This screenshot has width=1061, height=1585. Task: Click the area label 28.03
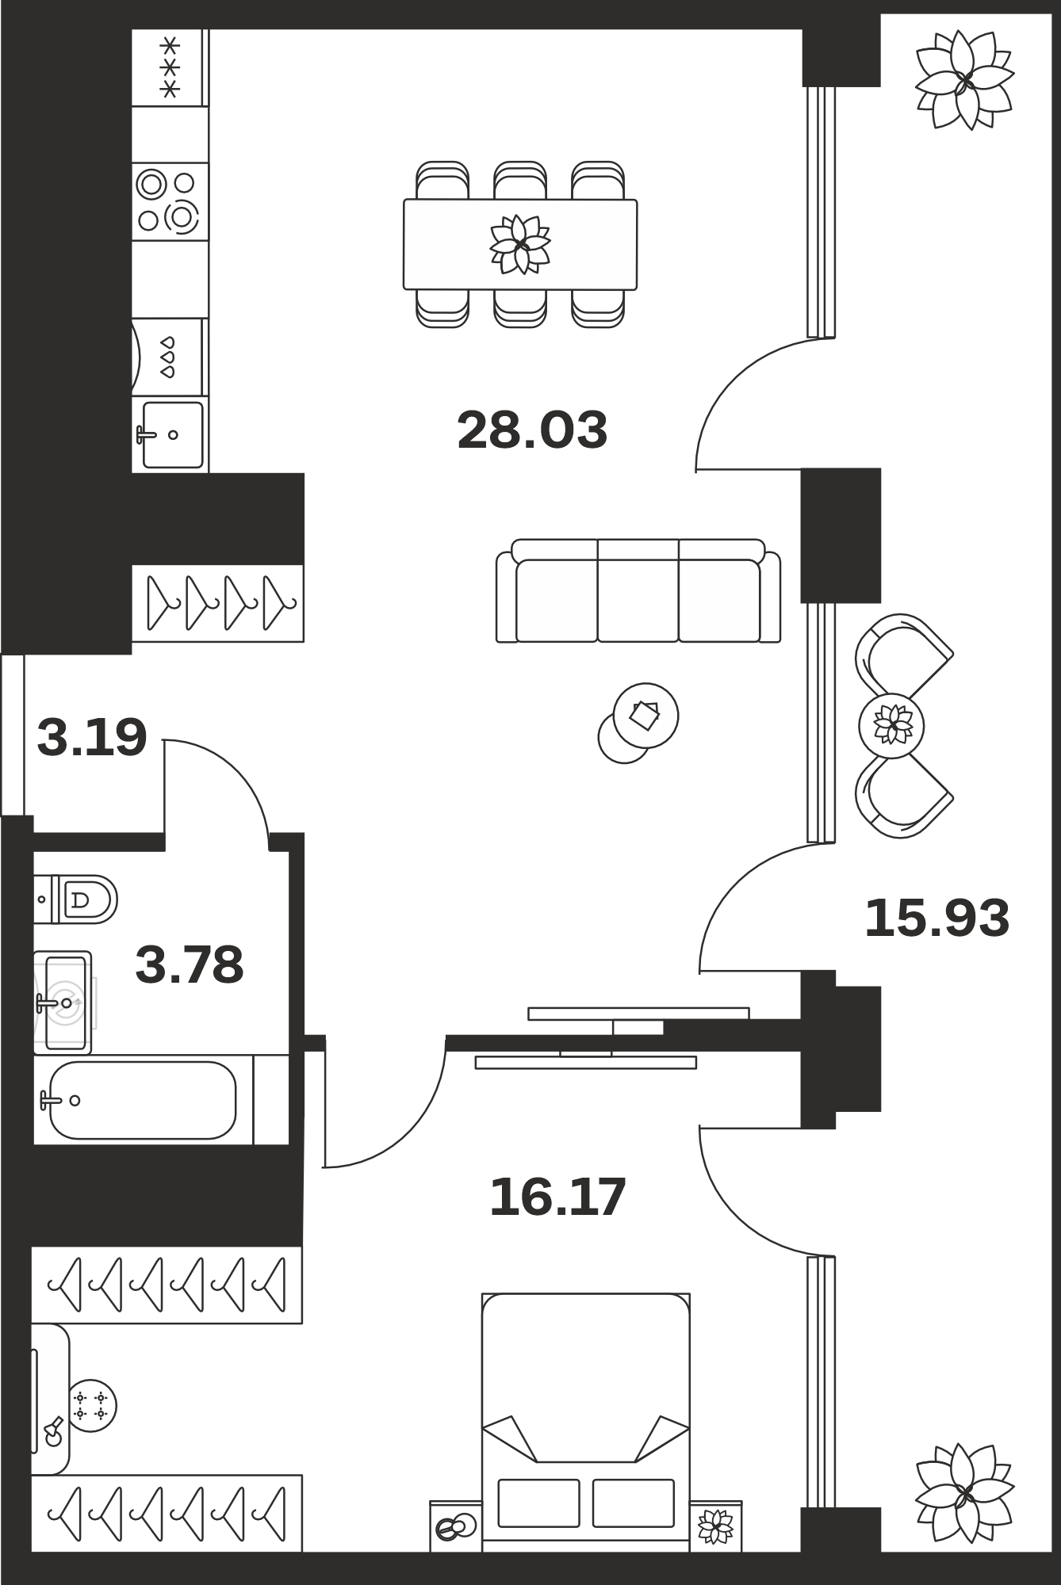point(532,430)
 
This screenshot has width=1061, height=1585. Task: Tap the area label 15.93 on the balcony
point(937,919)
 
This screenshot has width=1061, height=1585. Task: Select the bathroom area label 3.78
point(190,964)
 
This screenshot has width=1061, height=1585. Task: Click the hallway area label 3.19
point(92,737)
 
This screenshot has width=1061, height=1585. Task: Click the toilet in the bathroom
point(75,899)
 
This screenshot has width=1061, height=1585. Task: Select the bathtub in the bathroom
point(143,1100)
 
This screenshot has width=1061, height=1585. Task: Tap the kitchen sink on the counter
point(171,434)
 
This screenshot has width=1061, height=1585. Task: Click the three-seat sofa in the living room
point(638,590)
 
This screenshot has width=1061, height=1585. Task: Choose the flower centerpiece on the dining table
point(520,244)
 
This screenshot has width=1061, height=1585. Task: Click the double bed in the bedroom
point(586,1423)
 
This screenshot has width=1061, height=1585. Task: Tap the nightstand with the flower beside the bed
point(716,1526)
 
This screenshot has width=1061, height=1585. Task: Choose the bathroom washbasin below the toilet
point(63,1003)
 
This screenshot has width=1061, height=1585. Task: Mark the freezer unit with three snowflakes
point(170,67)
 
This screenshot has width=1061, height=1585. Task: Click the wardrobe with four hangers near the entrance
point(217,603)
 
